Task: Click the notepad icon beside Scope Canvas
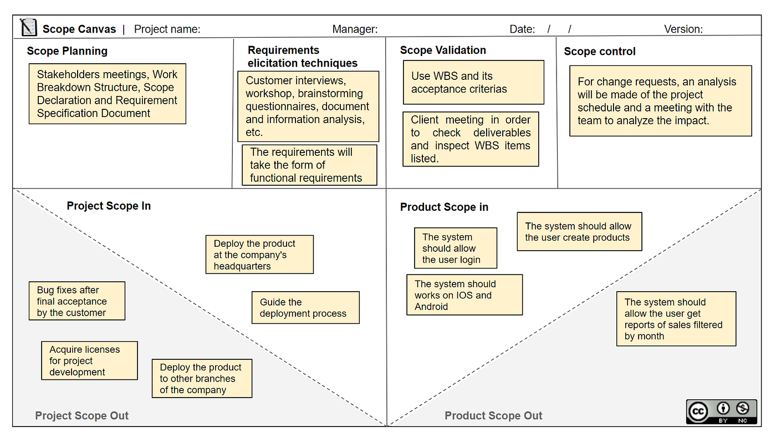(28, 27)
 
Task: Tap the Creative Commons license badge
(722, 411)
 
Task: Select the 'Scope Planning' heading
(67, 51)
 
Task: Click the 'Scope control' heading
(600, 51)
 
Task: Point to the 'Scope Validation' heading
(443, 50)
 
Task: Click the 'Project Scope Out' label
(82, 415)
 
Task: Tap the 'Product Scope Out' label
(493, 415)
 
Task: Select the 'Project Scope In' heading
(109, 206)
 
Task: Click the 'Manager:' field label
(355, 29)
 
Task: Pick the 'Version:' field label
(683, 29)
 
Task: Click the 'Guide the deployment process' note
(305, 308)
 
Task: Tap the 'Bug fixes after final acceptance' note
(77, 301)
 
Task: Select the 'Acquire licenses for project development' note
(89, 360)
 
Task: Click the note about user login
(456, 248)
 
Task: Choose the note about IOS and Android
(464, 295)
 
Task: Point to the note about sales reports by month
(676, 319)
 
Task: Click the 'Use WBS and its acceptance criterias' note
(473, 83)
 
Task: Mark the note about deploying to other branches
(202, 378)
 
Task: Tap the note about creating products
(580, 231)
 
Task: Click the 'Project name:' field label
(167, 29)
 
